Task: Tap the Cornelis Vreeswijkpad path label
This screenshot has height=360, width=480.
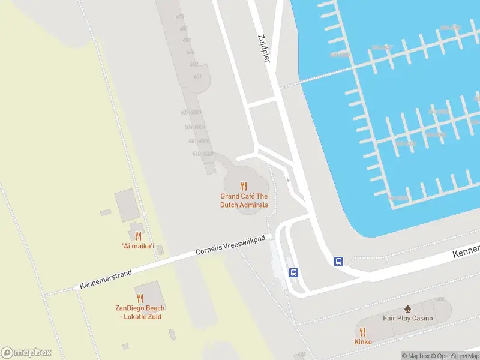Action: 230,245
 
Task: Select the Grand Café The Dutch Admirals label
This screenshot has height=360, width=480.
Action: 244,200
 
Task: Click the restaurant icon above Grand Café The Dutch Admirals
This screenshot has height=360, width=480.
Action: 244,186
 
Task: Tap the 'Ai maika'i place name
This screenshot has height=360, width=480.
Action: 138,247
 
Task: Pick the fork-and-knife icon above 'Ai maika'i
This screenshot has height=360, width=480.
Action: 138,236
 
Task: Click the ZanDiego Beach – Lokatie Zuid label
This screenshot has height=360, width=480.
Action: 140,313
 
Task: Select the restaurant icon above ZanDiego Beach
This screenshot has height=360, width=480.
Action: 140,298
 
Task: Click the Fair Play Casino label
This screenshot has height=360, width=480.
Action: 408,318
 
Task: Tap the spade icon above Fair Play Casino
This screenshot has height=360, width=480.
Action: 408,308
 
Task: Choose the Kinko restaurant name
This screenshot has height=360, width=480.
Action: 363,341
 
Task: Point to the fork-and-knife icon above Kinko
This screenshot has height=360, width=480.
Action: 363,331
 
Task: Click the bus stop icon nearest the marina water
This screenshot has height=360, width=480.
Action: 338,261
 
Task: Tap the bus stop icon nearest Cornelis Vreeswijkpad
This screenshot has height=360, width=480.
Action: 293,272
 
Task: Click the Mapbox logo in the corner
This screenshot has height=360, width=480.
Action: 26,352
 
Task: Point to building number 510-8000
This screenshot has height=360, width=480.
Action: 202,154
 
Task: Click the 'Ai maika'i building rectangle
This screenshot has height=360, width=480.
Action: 127,204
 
